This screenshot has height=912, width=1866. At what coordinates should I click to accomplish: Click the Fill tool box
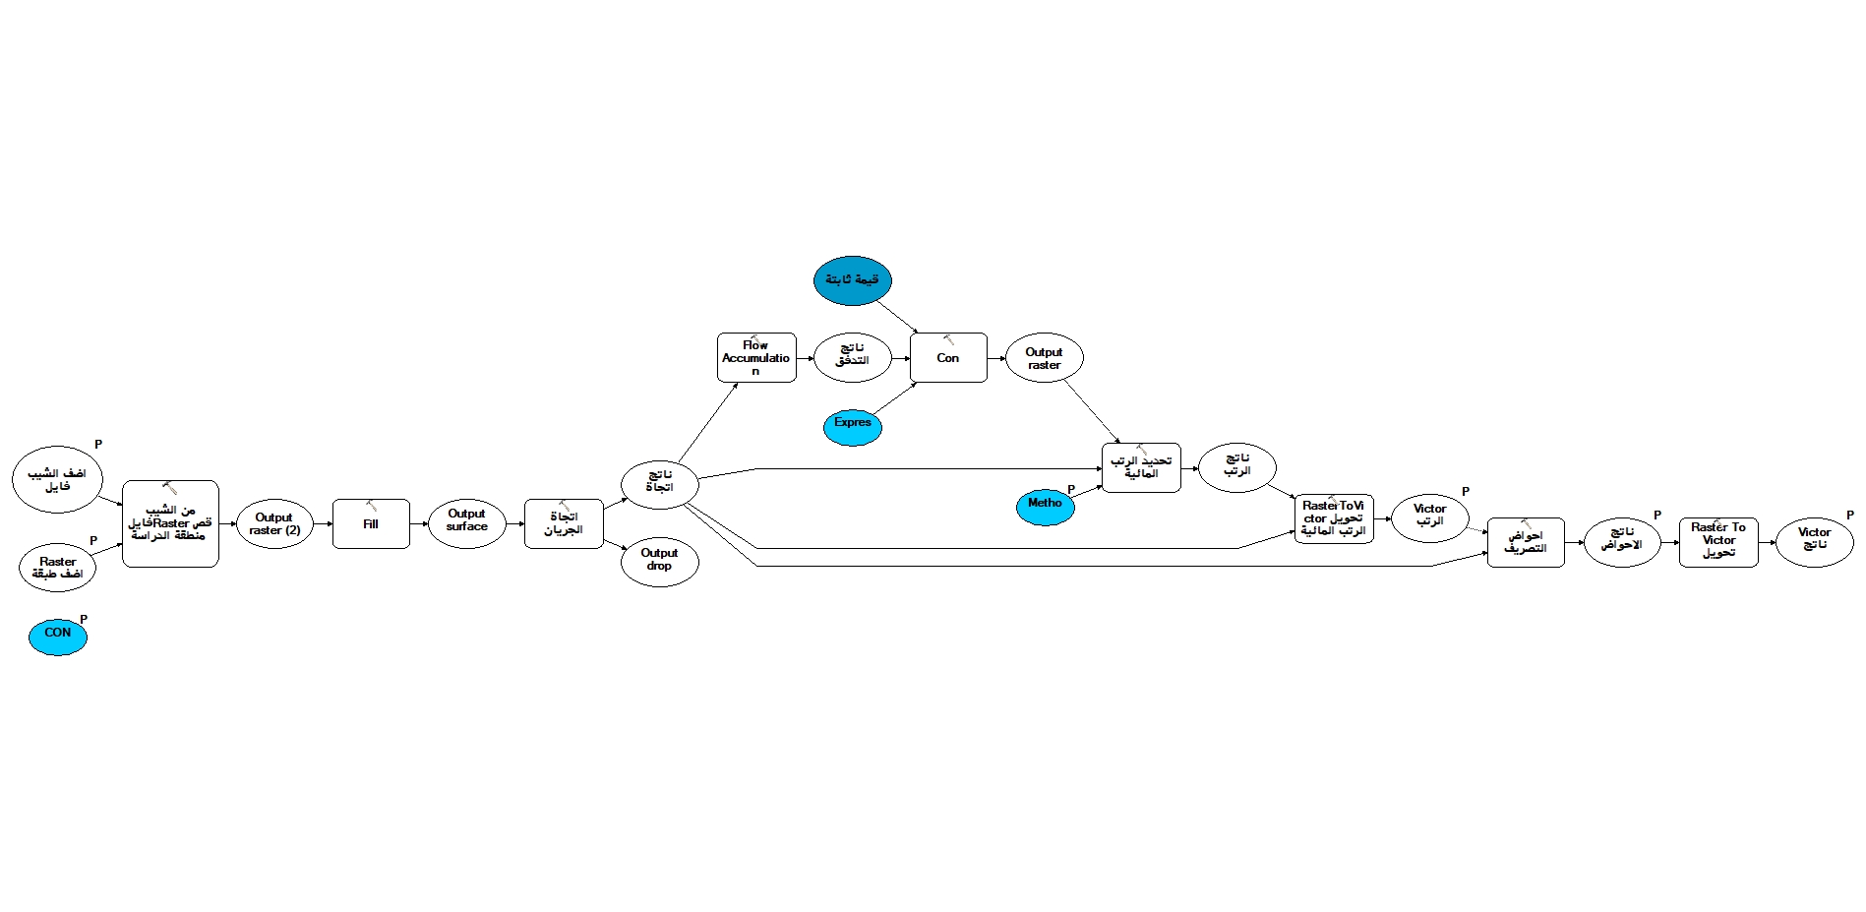click(371, 524)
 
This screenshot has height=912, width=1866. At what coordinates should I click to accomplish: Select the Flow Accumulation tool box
click(755, 358)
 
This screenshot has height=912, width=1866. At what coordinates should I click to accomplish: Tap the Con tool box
click(947, 358)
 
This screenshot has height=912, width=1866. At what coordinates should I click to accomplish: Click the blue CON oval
click(58, 637)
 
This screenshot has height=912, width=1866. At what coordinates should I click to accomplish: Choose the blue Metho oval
click(1045, 507)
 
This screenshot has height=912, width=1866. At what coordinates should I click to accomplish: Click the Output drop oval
click(659, 562)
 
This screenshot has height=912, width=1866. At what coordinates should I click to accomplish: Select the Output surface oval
click(466, 522)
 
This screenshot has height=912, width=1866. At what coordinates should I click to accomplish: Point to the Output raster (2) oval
click(274, 524)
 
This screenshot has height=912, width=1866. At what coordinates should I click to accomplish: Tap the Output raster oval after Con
click(1044, 358)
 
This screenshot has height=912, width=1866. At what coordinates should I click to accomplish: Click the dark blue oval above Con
click(852, 280)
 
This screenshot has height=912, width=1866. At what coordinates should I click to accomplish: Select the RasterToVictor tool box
click(1333, 519)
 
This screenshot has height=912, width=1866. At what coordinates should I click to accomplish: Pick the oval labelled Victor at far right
click(1814, 542)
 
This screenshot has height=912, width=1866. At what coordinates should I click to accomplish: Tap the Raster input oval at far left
click(58, 568)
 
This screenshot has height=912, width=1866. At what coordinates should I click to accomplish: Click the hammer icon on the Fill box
click(371, 506)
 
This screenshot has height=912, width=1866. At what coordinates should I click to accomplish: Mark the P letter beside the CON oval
click(84, 620)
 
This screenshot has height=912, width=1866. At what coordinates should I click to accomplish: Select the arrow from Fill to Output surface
click(418, 524)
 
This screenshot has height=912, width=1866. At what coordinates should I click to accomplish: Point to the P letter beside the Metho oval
click(1071, 489)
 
